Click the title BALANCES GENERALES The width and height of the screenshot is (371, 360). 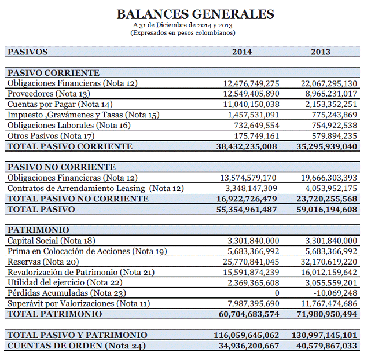point(195,14)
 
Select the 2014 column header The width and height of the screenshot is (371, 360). point(242,52)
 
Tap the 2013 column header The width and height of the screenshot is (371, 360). point(321,52)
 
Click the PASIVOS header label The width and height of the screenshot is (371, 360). point(27,52)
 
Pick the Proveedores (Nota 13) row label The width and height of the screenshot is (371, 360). point(49,94)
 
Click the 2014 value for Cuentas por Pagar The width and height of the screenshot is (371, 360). point(251,104)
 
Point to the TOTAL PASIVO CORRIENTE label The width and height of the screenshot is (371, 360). point(69,146)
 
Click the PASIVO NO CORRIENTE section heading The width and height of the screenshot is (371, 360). point(61,167)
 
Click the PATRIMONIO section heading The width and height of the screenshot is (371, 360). point(38,230)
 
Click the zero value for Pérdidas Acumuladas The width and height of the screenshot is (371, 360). point(277,293)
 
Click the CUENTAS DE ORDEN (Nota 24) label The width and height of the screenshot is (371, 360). point(76,346)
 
